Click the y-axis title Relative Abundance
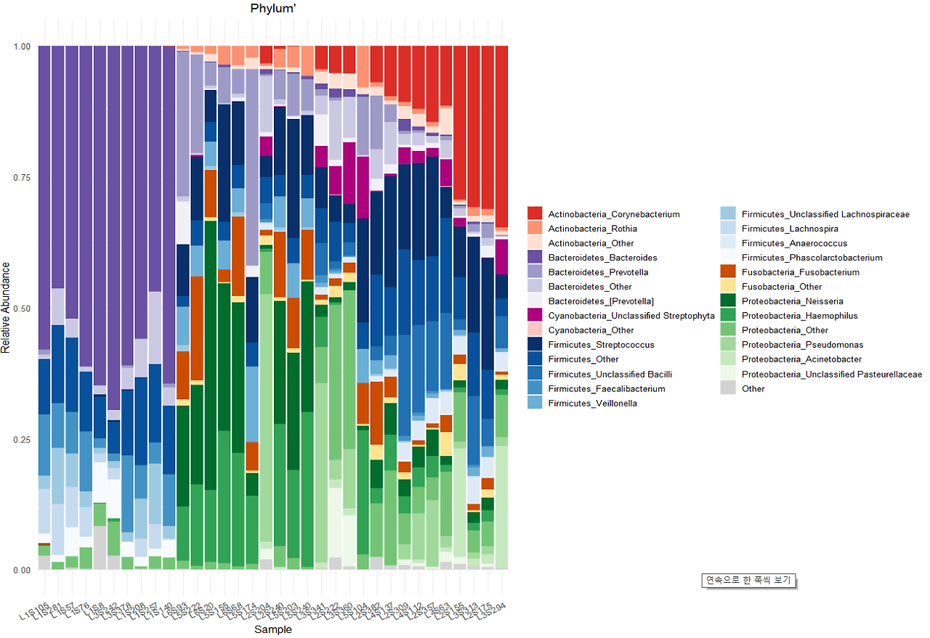point(7,308)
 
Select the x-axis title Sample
point(273,629)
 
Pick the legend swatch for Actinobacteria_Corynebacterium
point(535,214)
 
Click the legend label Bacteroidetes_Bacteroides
point(602,258)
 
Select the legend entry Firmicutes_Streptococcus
point(601,345)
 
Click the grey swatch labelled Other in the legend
point(728,388)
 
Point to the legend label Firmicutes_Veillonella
point(593,403)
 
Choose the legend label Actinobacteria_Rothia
point(592,229)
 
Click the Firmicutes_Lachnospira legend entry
point(790,229)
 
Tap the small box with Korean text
point(749,581)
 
